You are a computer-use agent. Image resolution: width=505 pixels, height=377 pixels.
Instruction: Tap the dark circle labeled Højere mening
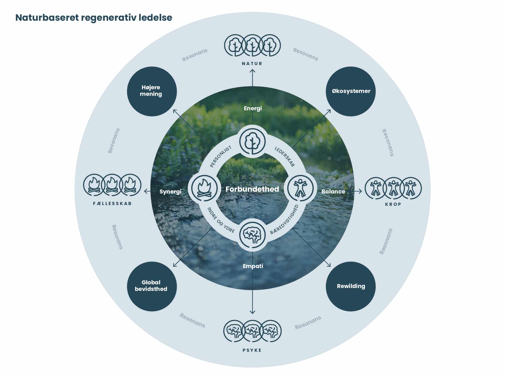tap(152, 91)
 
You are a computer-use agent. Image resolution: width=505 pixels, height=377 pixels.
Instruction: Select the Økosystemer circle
tap(351, 91)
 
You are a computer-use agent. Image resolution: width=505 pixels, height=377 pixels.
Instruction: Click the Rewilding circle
tap(351, 286)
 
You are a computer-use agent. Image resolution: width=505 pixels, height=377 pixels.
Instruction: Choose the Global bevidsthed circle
tap(152, 286)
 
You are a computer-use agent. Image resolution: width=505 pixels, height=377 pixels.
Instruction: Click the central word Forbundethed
tap(252, 189)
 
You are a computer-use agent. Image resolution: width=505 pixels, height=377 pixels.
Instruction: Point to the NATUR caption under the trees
tap(252, 64)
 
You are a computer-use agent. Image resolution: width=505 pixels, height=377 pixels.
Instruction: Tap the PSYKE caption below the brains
tap(252, 350)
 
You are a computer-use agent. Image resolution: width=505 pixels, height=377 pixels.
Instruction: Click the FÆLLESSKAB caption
tap(112, 203)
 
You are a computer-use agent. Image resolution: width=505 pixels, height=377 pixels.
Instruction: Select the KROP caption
tap(393, 204)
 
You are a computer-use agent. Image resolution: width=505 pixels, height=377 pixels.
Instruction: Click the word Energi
tap(253, 108)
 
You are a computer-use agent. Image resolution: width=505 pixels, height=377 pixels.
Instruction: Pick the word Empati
tap(253, 266)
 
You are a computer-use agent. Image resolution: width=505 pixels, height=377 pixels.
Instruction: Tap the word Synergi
tap(170, 192)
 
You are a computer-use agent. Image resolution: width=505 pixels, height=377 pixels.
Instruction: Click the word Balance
tap(333, 192)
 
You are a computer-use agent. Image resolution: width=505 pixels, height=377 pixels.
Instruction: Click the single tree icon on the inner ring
tap(252, 142)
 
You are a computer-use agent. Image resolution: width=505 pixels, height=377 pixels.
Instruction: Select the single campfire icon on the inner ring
tap(204, 188)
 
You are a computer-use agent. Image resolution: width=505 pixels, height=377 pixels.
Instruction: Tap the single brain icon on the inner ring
tap(252, 234)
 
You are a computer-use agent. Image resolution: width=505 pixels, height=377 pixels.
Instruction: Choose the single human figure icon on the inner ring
tap(300, 188)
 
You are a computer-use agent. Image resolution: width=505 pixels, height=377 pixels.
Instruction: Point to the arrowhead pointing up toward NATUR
tap(252, 71)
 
